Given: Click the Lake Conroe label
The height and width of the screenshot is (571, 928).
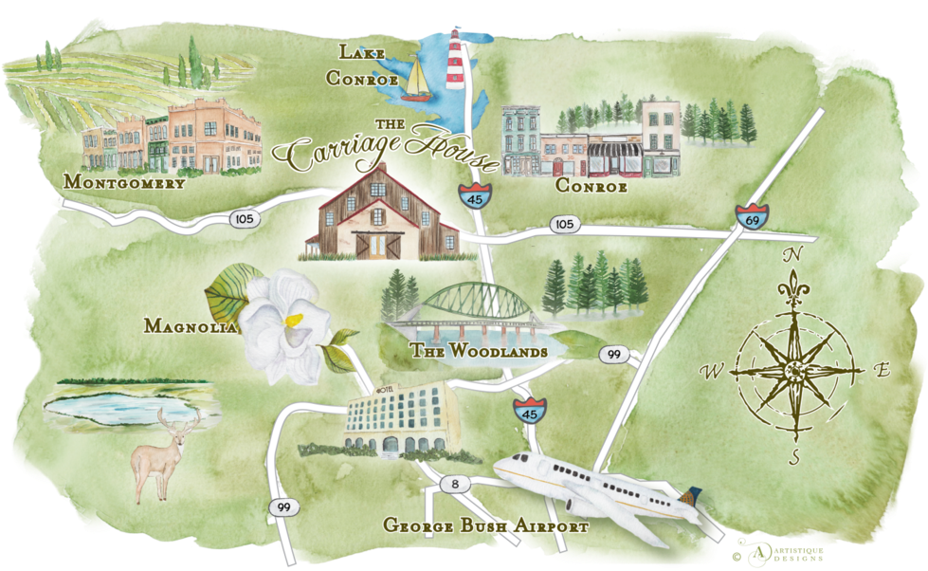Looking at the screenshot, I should click(x=362, y=65).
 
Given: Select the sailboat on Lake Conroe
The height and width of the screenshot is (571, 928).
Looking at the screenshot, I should click(x=415, y=80).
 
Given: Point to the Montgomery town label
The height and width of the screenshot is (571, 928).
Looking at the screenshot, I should click(x=123, y=182).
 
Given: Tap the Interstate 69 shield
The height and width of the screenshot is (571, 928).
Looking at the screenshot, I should click(x=753, y=216).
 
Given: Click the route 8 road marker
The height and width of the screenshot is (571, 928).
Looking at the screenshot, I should click(x=456, y=485).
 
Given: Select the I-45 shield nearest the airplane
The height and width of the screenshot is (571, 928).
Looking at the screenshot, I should click(x=527, y=412).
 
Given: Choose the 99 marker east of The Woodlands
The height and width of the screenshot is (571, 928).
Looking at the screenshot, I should click(x=614, y=355).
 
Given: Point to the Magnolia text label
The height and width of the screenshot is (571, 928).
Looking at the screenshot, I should click(x=190, y=326).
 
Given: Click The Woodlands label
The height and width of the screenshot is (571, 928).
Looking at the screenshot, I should click(x=479, y=352).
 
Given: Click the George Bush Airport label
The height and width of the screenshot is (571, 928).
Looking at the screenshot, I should click(x=485, y=525).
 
